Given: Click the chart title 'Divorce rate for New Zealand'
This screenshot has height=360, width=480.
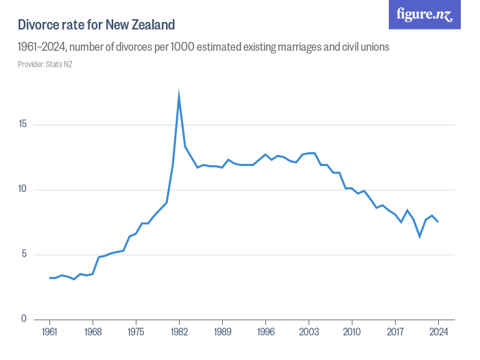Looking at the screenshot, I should tap(97, 25).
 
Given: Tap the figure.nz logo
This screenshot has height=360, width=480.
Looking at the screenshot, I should tap(424, 14).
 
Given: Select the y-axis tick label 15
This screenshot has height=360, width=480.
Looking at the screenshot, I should tap(23, 125).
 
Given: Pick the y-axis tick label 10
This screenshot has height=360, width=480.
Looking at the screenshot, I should tap(23, 190).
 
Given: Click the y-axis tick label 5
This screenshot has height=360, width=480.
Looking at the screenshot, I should tap(25, 254).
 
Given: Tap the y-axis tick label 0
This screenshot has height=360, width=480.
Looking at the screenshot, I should tap(25, 319).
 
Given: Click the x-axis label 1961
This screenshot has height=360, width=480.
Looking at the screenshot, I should tap(49, 333).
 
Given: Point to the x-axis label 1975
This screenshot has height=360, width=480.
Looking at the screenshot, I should tap(136, 333).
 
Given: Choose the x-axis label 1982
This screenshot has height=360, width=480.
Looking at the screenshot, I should tap(179, 333).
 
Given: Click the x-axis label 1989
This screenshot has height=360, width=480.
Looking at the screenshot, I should tap(222, 333).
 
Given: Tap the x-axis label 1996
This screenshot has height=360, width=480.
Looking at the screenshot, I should tap(265, 333).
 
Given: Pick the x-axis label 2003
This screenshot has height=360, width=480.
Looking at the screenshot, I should tap(309, 333).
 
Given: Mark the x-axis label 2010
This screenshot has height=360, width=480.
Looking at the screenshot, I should tap(352, 333).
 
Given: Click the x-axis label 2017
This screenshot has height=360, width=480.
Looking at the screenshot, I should tap(395, 333).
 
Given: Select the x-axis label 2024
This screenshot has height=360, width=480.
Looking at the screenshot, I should tap(438, 333).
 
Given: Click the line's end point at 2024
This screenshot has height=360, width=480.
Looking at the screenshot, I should tap(438, 221).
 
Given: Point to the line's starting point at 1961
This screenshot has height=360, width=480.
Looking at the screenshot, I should tap(49, 278).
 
